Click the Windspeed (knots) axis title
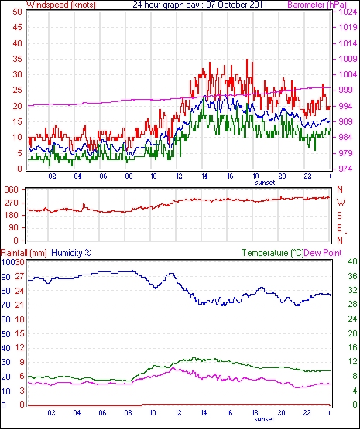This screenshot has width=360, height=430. click(61, 5)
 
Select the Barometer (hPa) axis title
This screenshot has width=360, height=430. click(317, 5)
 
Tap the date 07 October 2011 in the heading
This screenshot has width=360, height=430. click(236, 5)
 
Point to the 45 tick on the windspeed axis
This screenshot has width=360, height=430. click(17, 27)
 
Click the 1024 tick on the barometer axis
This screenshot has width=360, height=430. click(348, 12)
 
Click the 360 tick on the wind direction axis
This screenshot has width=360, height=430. click(12, 189)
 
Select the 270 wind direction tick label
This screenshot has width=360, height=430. click(12, 203)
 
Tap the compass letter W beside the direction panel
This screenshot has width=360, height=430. click(341, 203)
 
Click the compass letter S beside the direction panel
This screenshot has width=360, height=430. click(339, 216)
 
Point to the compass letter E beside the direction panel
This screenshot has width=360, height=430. click(339, 228)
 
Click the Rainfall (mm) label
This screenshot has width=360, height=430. click(24, 253)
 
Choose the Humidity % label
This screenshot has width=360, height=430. click(71, 253)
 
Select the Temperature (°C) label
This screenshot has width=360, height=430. click(273, 253)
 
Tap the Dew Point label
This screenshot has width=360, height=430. click(323, 253)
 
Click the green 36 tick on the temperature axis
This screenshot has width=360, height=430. click(352, 276)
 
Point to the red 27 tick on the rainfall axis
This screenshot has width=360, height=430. click(19, 276)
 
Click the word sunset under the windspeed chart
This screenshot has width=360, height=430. click(265, 183)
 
